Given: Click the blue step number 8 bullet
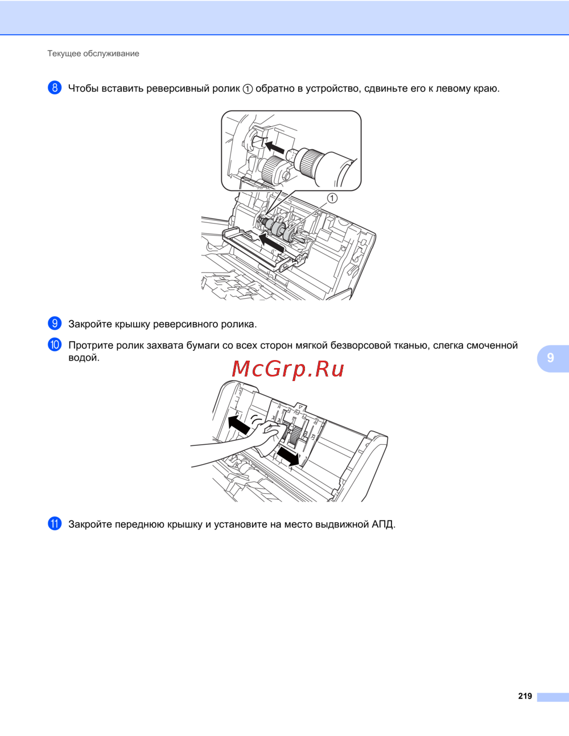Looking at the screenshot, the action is [55, 88].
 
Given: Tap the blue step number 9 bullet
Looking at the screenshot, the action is [55, 324].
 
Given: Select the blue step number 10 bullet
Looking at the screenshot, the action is [55, 345].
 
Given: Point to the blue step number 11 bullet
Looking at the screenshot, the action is [55, 524].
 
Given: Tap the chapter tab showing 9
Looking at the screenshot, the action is [552, 358].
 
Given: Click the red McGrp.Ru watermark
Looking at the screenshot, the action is [288, 370].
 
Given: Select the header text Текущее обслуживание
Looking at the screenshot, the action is [93, 53].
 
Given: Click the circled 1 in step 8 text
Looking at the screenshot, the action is [248, 89].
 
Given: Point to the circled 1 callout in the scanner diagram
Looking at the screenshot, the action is [332, 198].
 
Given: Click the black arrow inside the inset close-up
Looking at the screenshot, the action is [274, 147].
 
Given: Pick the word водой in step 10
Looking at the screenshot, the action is [84, 358].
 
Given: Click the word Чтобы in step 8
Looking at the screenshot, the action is [83, 89].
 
